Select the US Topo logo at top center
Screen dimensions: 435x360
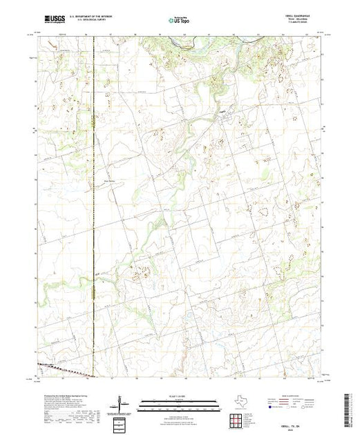pos(179,21)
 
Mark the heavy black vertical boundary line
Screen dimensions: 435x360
pos(93,207)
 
